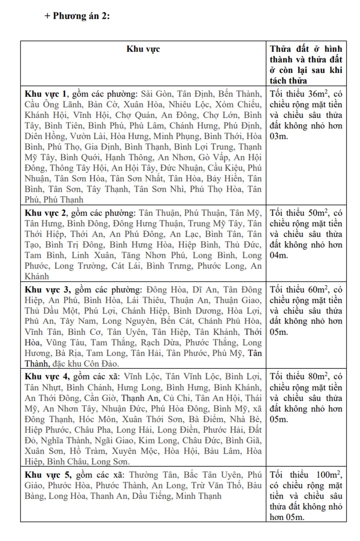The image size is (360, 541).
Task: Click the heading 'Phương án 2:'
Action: (81, 16)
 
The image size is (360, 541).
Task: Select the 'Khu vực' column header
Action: (143, 49)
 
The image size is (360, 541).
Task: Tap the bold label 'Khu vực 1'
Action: (46, 94)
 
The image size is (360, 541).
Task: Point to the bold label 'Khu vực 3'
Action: (47, 290)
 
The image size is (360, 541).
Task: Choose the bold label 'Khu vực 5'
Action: (48, 475)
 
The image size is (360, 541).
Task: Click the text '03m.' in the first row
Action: (279, 136)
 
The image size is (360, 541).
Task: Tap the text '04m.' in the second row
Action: (279, 255)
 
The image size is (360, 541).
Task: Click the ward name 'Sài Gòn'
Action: (156, 94)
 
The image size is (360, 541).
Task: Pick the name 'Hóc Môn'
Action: (98, 419)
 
